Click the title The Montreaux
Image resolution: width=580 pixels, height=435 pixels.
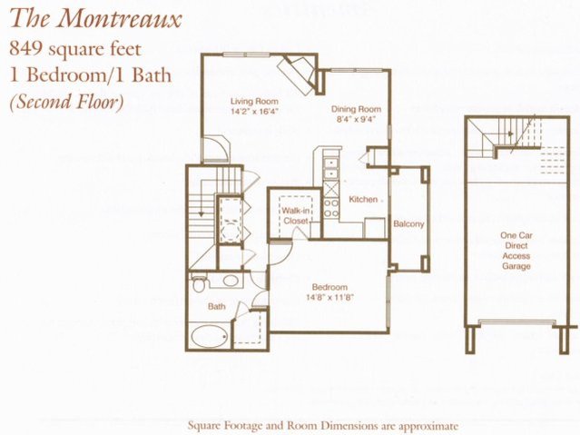(x=95, y=18)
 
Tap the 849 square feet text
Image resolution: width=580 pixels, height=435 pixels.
(x=75, y=49)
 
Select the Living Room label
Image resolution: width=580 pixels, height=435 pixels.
(x=254, y=101)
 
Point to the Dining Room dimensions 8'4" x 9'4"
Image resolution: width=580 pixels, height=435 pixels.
(x=355, y=119)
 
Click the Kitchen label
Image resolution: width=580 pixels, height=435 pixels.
(x=363, y=199)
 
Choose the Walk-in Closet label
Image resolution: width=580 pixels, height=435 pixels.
(x=295, y=216)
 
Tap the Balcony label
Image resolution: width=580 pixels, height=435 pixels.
(x=408, y=224)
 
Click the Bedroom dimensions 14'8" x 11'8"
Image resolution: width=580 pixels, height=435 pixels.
(x=329, y=297)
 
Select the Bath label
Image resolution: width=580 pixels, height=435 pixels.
(x=216, y=307)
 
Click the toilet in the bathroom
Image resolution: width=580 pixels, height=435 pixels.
(x=199, y=283)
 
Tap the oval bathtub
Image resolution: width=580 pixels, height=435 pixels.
(x=209, y=337)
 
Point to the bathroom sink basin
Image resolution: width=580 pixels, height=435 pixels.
(x=230, y=281)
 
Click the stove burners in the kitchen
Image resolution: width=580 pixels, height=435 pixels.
(x=331, y=208)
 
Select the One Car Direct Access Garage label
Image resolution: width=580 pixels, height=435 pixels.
(x=516, y=251)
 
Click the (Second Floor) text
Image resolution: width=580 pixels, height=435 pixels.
(x=66, y=101)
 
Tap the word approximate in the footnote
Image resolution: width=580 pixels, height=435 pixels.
(x=425, y=426)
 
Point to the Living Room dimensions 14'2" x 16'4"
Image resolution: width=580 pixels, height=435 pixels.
(x=254, y=110)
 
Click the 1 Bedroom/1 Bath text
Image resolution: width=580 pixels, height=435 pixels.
(x=91, y=75)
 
